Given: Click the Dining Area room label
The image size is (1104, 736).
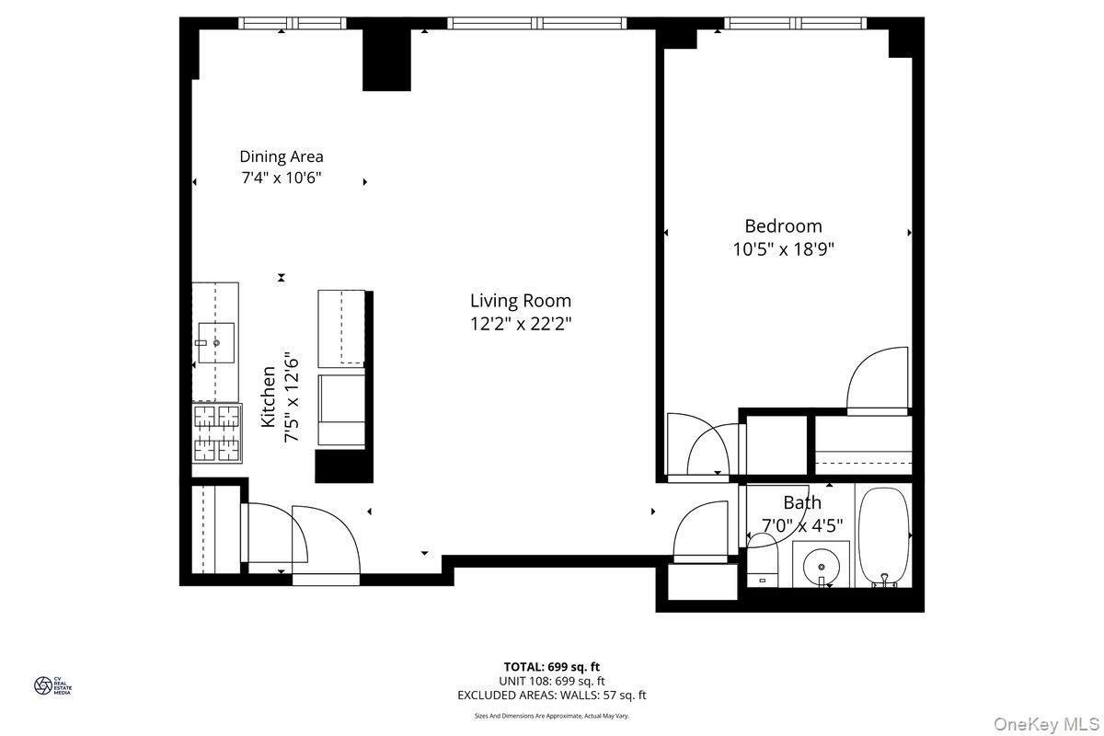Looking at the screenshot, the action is coord(282,156).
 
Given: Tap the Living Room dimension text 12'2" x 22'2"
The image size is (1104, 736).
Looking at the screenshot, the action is coord(521,324).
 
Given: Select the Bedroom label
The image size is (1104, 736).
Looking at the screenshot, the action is coord(783,226).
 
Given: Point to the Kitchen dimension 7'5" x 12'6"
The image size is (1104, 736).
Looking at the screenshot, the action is coord(291,397).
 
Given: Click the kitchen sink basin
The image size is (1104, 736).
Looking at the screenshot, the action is coord(216,342).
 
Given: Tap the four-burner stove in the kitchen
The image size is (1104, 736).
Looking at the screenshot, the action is coord(217,433).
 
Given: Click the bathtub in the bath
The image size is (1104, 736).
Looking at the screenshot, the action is coord(884,536).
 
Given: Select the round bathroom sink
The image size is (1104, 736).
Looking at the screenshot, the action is coord(821,567).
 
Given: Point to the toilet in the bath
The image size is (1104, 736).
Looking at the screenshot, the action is coord(763,560).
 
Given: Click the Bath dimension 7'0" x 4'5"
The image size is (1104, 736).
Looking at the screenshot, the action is coord(802,525).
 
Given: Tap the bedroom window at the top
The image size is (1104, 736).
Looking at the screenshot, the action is coord(795,23).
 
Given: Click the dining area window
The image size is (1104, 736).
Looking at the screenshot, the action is coord(293,23).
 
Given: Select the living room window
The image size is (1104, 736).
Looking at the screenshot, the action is coord(537,23).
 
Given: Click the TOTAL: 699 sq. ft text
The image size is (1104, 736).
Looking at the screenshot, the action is coord(551,667).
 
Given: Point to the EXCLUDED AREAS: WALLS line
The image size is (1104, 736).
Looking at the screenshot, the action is coord(551,696).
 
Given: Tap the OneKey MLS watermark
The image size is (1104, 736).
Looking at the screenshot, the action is coord(1046,724).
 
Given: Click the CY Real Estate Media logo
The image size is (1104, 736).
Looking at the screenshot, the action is coord(52,685).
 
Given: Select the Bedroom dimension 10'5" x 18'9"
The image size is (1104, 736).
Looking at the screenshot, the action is coord(783,249).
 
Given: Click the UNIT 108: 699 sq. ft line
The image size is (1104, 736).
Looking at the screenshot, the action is coord(551,681).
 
